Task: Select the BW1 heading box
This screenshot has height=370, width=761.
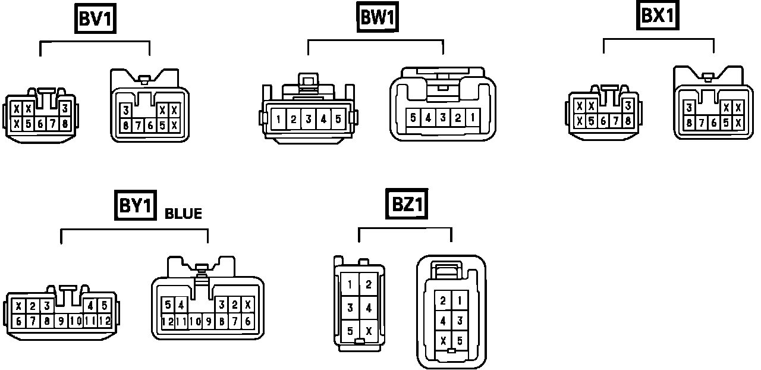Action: click(x=378, y=18)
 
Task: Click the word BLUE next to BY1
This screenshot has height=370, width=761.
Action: click(x=183, y=214)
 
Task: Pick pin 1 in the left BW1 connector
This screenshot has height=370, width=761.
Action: click(x=278, y=119)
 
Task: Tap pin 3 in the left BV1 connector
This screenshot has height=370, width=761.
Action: click(x=64, y=108)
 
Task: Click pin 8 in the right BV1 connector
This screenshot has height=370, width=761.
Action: click(x=126, y=125)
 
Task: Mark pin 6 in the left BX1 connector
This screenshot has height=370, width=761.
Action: click(x=604, y=120)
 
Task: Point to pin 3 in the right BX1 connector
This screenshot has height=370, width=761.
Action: click(x=688, y=108)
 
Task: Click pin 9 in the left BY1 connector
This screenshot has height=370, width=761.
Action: click(x=61, y=322)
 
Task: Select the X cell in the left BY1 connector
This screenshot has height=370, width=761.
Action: click(x=19, y=307)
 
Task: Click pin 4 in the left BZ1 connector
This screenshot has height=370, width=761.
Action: click(x=369, y=308)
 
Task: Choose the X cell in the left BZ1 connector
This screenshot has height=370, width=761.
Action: click(x=369, y=331)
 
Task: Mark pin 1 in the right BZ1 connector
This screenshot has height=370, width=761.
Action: click(x=460, y=301)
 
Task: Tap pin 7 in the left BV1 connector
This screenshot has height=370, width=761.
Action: click(x=52, y=124)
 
